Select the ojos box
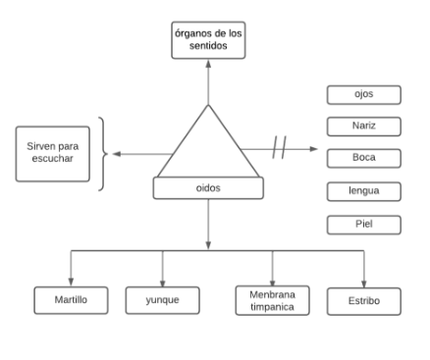pyautogui.click(x=363, y=94)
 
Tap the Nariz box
pyautogui.click(x=363, y=126)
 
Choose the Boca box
pyautogui.click(x=363, y=158)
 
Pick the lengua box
pyautogui.click(x=363, y=190)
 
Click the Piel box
pyautogui.click(x=363, y=224)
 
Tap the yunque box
pyautogui.click(x=162, y=298)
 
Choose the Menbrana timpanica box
pyautogui.click(x=273, y=299)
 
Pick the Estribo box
pyautogui.click(x=363, y=298)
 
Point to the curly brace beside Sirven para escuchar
pyautogui.click(x=102, y=154)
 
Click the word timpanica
pyautogui.click(x=273, y=307)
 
